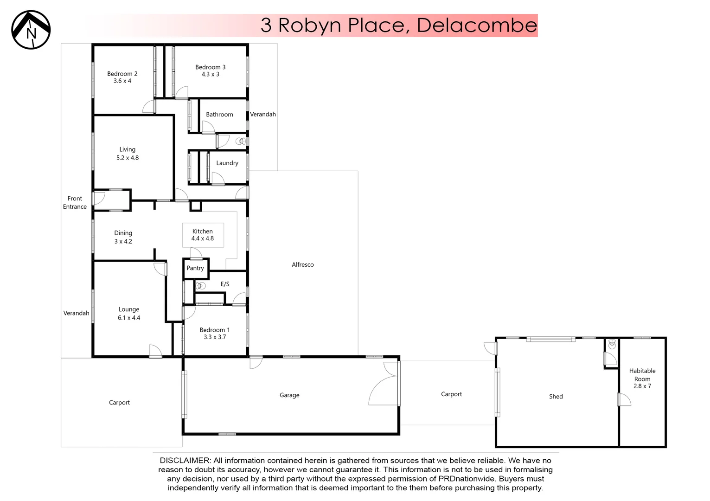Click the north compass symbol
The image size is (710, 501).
coord(31,30)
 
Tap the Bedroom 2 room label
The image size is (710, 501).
coord(122,74)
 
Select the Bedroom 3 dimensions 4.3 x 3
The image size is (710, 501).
coord(210,74)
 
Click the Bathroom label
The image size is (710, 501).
coord(219,115)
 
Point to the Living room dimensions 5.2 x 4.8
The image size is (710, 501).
coord(128,158)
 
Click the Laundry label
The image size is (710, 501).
coord(227,163)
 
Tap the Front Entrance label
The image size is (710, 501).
coord(75,203)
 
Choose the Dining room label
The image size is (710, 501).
coord(123,233)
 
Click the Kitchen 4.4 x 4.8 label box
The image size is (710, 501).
coord(203,235)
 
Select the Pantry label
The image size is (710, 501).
coord(195,268)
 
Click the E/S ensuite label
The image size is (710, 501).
coord(225,284)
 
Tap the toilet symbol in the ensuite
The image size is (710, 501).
coord(200,286)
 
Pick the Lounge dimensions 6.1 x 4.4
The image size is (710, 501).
coord(129,318)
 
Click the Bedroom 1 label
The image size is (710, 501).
coord(215,330)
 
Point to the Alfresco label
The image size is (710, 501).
coord(303,265)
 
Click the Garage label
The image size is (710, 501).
coord(289,395)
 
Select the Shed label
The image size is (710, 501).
coord(556,397)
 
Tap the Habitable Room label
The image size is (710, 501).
coord(642,375)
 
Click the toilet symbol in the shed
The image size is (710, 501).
coord(612,344)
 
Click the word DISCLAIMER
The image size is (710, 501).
coord(185,461)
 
